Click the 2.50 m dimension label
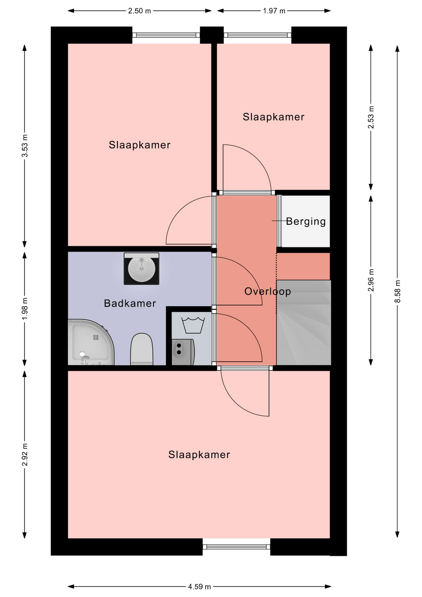tap(140, 11)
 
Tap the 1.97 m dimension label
tap(274, 11)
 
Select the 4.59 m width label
tap(200, 586)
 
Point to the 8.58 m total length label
tap(397, 291)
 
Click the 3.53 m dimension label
tap(25, 146)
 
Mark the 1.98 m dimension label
tap(25, 309)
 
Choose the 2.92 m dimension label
tap(25, 455)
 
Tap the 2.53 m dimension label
tap(371, 117)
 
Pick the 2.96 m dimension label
tap(371, 280)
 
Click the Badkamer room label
tap(130, 303)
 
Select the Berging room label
tap(306, 221)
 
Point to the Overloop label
tap(268, 291)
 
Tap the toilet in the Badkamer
tap(142, 349)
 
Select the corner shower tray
tap(91, 342)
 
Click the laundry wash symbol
tap(193, 325)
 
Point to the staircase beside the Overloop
tap(304, 322)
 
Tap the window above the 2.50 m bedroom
tap(166, 35)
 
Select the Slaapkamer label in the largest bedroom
tap(199, 455)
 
